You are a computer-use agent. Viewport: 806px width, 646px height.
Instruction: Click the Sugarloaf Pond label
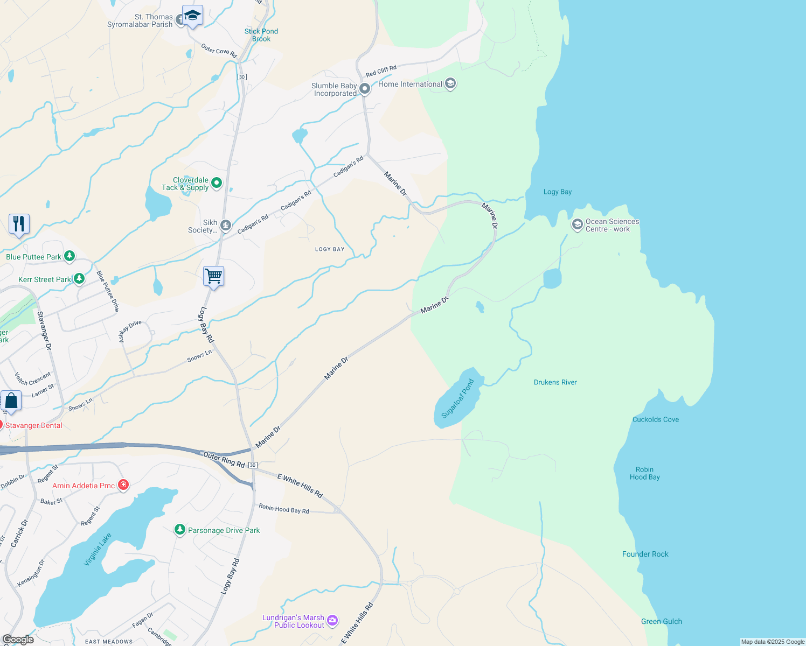click(x=457, y=398)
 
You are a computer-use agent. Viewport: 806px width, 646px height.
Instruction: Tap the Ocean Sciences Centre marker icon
click(x=577, y=224)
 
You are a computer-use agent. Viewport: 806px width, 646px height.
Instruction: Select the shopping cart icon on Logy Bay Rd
click(x=214, y=276)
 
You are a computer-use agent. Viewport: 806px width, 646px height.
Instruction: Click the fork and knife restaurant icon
click(x=19, y=224)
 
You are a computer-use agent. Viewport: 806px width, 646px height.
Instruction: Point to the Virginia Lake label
click(x=98, y=549)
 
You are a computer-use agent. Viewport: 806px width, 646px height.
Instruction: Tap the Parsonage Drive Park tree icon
click(x=180, y=530)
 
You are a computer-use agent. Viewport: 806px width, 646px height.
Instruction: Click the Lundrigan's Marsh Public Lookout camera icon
click(x=332, y=621)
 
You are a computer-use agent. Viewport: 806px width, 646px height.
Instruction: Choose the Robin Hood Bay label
click(x=644, y=473)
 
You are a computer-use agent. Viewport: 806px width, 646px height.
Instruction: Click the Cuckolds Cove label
click(x=655, y=419)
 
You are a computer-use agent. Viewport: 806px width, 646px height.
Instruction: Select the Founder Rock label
click(x=645, y=554)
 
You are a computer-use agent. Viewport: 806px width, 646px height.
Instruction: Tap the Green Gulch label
click(x=661, y=621)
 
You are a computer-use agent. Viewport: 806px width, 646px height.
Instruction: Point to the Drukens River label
click(x=555, y=382)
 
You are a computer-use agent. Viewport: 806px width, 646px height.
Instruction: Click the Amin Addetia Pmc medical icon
click(x=123, y=485)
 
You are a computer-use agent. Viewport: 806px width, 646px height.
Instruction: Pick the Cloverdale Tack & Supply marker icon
click(x=217, y=183)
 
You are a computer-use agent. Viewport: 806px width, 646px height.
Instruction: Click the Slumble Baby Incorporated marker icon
click(x=365, y=88)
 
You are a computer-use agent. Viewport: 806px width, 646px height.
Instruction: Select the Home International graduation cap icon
click(x=450, y=84)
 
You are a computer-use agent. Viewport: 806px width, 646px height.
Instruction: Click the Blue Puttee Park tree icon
click(x=70, y=256)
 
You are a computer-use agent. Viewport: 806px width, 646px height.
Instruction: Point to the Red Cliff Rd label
click(x=381, y=71)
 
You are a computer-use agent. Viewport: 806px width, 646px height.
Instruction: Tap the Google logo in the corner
click(x=18, y=640)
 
